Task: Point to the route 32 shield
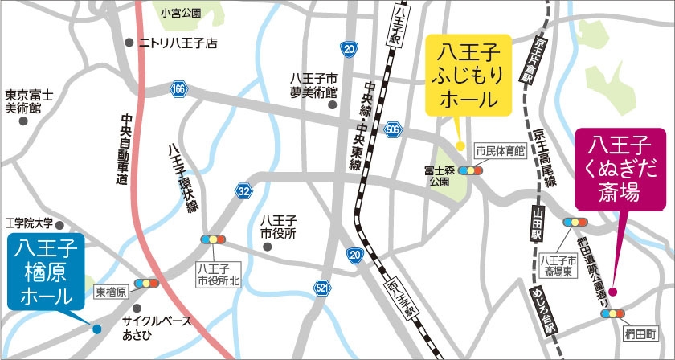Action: tap(243, 190)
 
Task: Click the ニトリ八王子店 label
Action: tap(178, 43)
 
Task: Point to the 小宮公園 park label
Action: tap(180, 12)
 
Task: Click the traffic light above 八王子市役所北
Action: tap(213, 240)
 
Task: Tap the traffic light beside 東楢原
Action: tap(146, 283)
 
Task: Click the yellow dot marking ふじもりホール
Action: tap(460, 145)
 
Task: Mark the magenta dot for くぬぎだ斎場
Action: tap(612, 292)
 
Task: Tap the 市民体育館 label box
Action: tap(499, 150)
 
